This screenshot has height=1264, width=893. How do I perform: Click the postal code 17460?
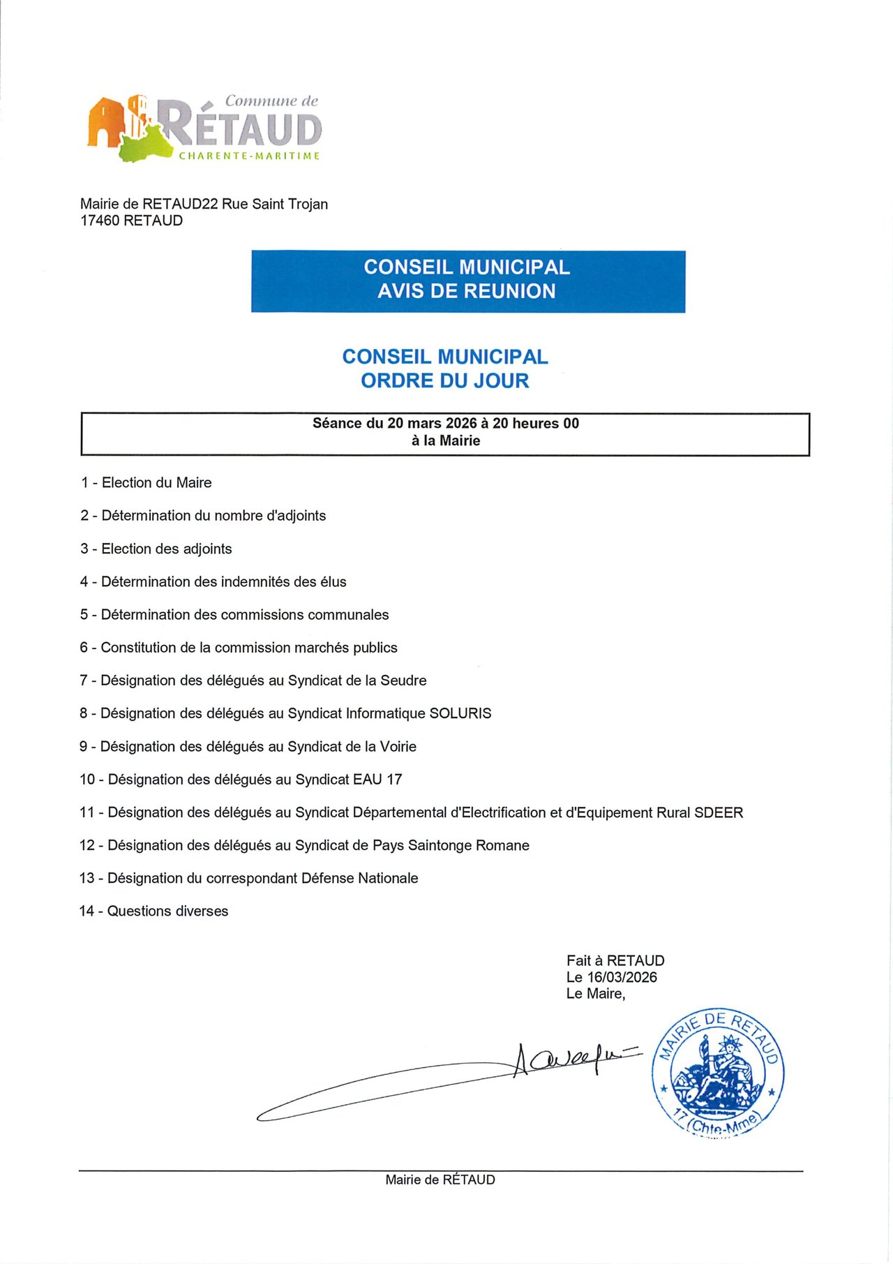click(x=100, y=221)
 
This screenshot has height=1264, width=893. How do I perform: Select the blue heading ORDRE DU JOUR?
click(x=445, y=381)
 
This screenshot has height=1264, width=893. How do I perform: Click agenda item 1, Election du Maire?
click(x=147, y=483)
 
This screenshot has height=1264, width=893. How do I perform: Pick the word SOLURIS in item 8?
click(x=460, y=714)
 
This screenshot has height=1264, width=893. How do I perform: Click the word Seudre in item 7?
click(x=403, y=681)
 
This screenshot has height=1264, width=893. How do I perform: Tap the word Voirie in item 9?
click(x=398, y=747)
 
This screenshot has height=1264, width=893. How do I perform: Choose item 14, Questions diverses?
click(x=154, y=912)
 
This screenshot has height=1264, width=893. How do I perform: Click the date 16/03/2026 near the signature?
click(x=622, y=978)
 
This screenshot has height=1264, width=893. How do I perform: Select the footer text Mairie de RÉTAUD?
click(x=440, y=1180)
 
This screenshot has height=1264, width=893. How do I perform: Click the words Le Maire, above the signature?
click(x=596, y=994)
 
